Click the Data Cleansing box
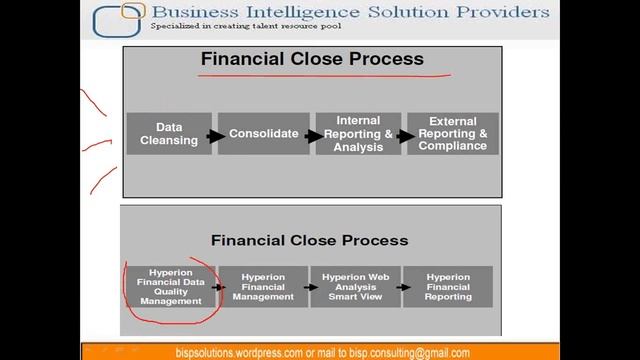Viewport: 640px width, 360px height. (x=168, y=133)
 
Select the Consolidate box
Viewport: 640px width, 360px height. (x=264, y=133)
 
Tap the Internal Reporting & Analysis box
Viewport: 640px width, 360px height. (x=358, y=133)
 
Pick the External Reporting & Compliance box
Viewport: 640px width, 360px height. (x=452, y=133)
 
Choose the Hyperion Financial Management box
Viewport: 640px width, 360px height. (x=263, y=286)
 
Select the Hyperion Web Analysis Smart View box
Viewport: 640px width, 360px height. (x=355, y=286)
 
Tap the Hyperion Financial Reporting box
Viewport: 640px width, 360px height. (x=448, y=286)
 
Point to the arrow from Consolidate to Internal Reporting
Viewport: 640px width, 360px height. (x=309, y=135)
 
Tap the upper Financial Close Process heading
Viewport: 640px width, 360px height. (x=312, y=59)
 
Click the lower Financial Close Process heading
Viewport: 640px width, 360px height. (x=309, y=240)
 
